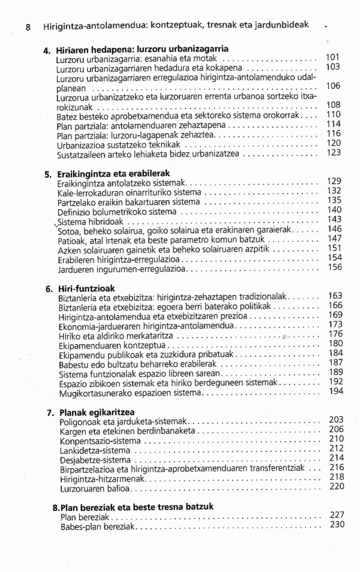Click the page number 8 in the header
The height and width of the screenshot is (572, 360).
point(28,27)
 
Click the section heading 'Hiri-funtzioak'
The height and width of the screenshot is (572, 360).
point(86,288)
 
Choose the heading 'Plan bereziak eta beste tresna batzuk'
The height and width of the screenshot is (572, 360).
point(136,507)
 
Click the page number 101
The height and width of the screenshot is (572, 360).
point(333,58)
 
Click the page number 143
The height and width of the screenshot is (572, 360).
point(334,219)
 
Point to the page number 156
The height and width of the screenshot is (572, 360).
point(335,267)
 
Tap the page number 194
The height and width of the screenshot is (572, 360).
point(336,391)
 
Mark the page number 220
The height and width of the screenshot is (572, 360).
point(337,486)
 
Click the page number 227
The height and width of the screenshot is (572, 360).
point(337,514)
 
